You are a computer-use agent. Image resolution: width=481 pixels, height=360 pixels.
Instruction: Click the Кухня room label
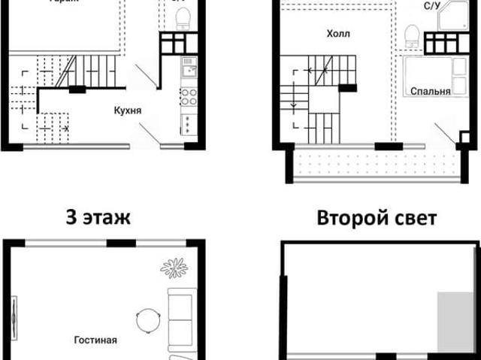coord(129,111)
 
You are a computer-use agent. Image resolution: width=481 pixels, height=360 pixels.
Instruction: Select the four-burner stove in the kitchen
coord(188,96)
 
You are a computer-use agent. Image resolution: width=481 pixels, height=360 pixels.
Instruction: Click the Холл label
coord(338,35)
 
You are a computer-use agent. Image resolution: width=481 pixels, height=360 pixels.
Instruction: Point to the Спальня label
coord(431,92)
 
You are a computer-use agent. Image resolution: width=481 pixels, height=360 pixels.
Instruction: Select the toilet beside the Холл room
coord(411,35)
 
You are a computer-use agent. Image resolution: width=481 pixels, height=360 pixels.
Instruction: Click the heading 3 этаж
coord(98,219)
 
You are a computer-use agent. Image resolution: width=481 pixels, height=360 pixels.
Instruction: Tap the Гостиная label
coord(95,340)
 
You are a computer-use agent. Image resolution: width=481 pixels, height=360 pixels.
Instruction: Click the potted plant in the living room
coord(174,268)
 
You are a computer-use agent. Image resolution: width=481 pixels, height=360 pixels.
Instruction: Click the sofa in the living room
coord(181,319)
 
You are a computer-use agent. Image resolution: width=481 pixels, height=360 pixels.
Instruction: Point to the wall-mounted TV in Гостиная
coord(15,316)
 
